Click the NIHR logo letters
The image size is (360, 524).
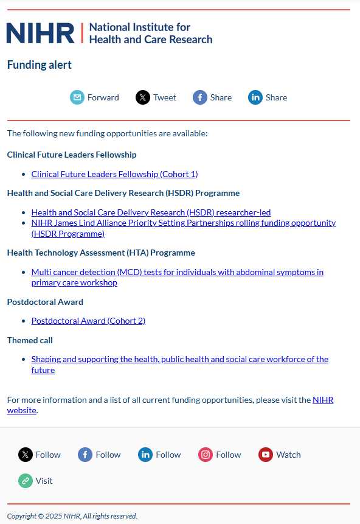(40, 33)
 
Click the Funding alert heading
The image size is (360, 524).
(40, 65)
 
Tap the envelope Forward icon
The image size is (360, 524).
(77, 97)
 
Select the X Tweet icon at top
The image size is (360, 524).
(143, 97)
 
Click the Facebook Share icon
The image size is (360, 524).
(200, 97)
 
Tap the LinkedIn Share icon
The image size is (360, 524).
(255, 97)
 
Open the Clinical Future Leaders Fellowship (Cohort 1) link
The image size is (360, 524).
(114, 174)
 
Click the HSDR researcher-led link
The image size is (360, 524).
(151, 212)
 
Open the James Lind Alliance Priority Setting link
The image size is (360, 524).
(183, 223)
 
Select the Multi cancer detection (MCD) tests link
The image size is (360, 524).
(177, 272)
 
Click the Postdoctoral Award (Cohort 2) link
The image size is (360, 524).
(88, 321)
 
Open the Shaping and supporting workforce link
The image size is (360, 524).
(179, 359)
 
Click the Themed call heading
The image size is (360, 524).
(30, 340)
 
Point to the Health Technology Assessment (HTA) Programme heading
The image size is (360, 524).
(101, 253)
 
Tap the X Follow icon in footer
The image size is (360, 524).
(26, 455)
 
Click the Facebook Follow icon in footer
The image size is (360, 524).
(85, 455)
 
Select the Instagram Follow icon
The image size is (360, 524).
(206, 455)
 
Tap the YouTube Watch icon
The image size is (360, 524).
(266, 455)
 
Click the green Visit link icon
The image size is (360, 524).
(26, 481)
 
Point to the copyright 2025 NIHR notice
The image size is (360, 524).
(72, 516)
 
